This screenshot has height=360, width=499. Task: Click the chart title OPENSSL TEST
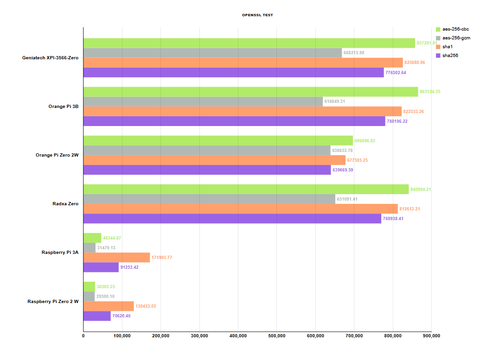click(x=257, y=15)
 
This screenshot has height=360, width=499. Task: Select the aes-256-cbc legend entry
click(x=455, y=29)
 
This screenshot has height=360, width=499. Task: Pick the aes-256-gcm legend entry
click(x=456, y=38)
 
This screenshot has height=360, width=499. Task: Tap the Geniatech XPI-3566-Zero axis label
click(x=50, y=58)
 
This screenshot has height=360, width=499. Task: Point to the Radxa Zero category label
click(x=65, y=204)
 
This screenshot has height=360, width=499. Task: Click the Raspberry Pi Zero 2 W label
click(x=53, y=301)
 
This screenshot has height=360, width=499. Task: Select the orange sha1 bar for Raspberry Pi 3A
click(x=116, y=257)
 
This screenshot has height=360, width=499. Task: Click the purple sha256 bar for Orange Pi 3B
click(x=234, y=121)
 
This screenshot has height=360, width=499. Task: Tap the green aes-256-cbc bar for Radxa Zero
click(x=246, y=189)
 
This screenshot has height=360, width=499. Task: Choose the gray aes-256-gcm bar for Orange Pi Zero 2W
click(x=207, y=150)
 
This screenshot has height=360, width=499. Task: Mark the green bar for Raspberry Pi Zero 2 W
click(x=89, y=286)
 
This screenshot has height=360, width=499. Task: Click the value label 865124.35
click(x=430, y=92)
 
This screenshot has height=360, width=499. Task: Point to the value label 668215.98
click(x=354, y=53)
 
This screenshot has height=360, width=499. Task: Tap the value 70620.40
click(x=122, y=316)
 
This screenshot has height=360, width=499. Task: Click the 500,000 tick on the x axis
click(x=276, y=336)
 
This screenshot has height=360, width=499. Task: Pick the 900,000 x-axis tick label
click(x=431, y=336)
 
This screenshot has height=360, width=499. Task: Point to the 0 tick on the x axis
click(x=83, y=336)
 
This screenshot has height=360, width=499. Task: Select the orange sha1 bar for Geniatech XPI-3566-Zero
click(x=243, y=63)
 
